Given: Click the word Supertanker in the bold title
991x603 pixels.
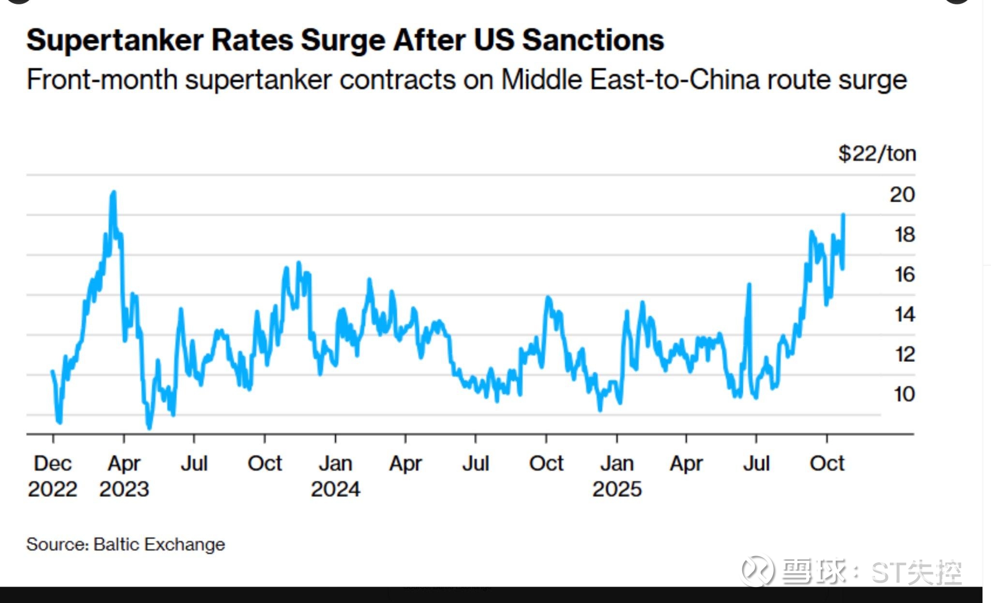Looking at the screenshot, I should pyautogui.click(x=115, y=40).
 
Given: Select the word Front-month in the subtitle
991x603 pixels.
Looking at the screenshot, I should pyautogui.click(x=102, y=80).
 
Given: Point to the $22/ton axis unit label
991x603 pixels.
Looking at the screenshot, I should pyautogui.click(x=877, y=154).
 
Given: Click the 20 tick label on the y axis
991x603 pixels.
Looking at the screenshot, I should pyautogui.click(x=902, y=195).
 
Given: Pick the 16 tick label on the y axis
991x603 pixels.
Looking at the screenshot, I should pyautogui.click(x=904, y=275).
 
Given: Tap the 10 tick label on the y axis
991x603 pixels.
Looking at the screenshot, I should pyautogui.click(x=904, y=394).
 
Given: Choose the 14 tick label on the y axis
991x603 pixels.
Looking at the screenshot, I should pyautogui.click(x=904, y=315).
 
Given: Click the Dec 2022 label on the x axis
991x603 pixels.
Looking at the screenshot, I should pyautogui.click(x=52, y=476).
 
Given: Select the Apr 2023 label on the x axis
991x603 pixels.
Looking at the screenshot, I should pyautogui.click(x=124, y=476).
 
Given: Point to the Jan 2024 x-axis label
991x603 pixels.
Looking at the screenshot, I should pyautogui.click(x=335, y=476).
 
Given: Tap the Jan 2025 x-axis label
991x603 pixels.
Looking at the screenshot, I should pyautogui.click(x=617, y=476).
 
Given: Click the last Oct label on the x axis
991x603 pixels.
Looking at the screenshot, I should pyautogui.click(x=827, y=464).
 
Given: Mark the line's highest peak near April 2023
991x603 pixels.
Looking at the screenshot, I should pyautogui.click(x=114, y=193).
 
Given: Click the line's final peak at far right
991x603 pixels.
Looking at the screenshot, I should pyautogui.click(x=843, y=214).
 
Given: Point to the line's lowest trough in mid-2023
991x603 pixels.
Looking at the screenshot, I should pyautogui.click(x=149, y=427).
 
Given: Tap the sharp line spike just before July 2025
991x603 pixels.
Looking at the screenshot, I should pyautogui.click(x=749, y=285).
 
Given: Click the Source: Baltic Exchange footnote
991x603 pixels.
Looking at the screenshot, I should pyautogui.click(x=125, y=544).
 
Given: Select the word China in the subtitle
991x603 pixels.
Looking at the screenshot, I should pyautogui.click(x=724, y=80).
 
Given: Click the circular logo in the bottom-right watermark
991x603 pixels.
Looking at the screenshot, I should pyautogui.click(x=757, y=571).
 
